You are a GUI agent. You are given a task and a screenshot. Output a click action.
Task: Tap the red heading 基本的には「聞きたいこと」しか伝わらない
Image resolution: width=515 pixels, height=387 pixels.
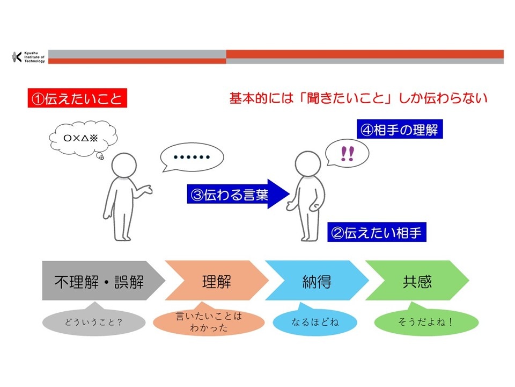click(x=358, y=99)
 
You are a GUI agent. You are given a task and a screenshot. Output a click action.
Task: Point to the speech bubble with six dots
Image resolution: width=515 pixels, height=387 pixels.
click(x=192, y=158)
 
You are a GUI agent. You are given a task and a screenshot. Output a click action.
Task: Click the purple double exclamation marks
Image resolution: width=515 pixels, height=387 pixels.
click(x=347, y=154)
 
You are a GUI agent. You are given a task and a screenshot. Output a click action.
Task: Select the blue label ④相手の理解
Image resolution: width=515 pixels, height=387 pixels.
click(x=400, y=131)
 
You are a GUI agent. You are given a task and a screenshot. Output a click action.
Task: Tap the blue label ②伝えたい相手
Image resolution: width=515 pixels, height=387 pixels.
click(x=377, y=233)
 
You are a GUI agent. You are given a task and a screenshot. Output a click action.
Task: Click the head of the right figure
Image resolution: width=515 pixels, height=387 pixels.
click(x=308, y=164)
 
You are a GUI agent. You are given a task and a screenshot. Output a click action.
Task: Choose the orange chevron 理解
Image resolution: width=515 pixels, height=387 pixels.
click(x=215, y=281)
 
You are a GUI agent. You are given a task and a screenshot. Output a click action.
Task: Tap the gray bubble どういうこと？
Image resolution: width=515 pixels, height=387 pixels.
click(x=93, y=323)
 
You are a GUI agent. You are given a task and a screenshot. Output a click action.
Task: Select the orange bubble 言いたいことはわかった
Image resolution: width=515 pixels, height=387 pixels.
click(x=209, y=321)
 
